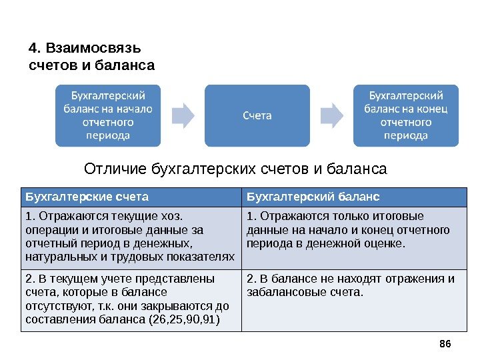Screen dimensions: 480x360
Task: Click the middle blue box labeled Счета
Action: [257, 115]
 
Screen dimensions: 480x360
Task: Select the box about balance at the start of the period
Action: [107, 115]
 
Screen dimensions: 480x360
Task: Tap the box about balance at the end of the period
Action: [406, 115]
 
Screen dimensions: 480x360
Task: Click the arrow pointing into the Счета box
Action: [182, 115]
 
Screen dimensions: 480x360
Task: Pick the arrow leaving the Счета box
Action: [331, 115]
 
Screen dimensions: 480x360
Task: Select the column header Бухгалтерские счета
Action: [87, 197]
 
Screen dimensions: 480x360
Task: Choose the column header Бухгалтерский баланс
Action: [313, 197]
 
